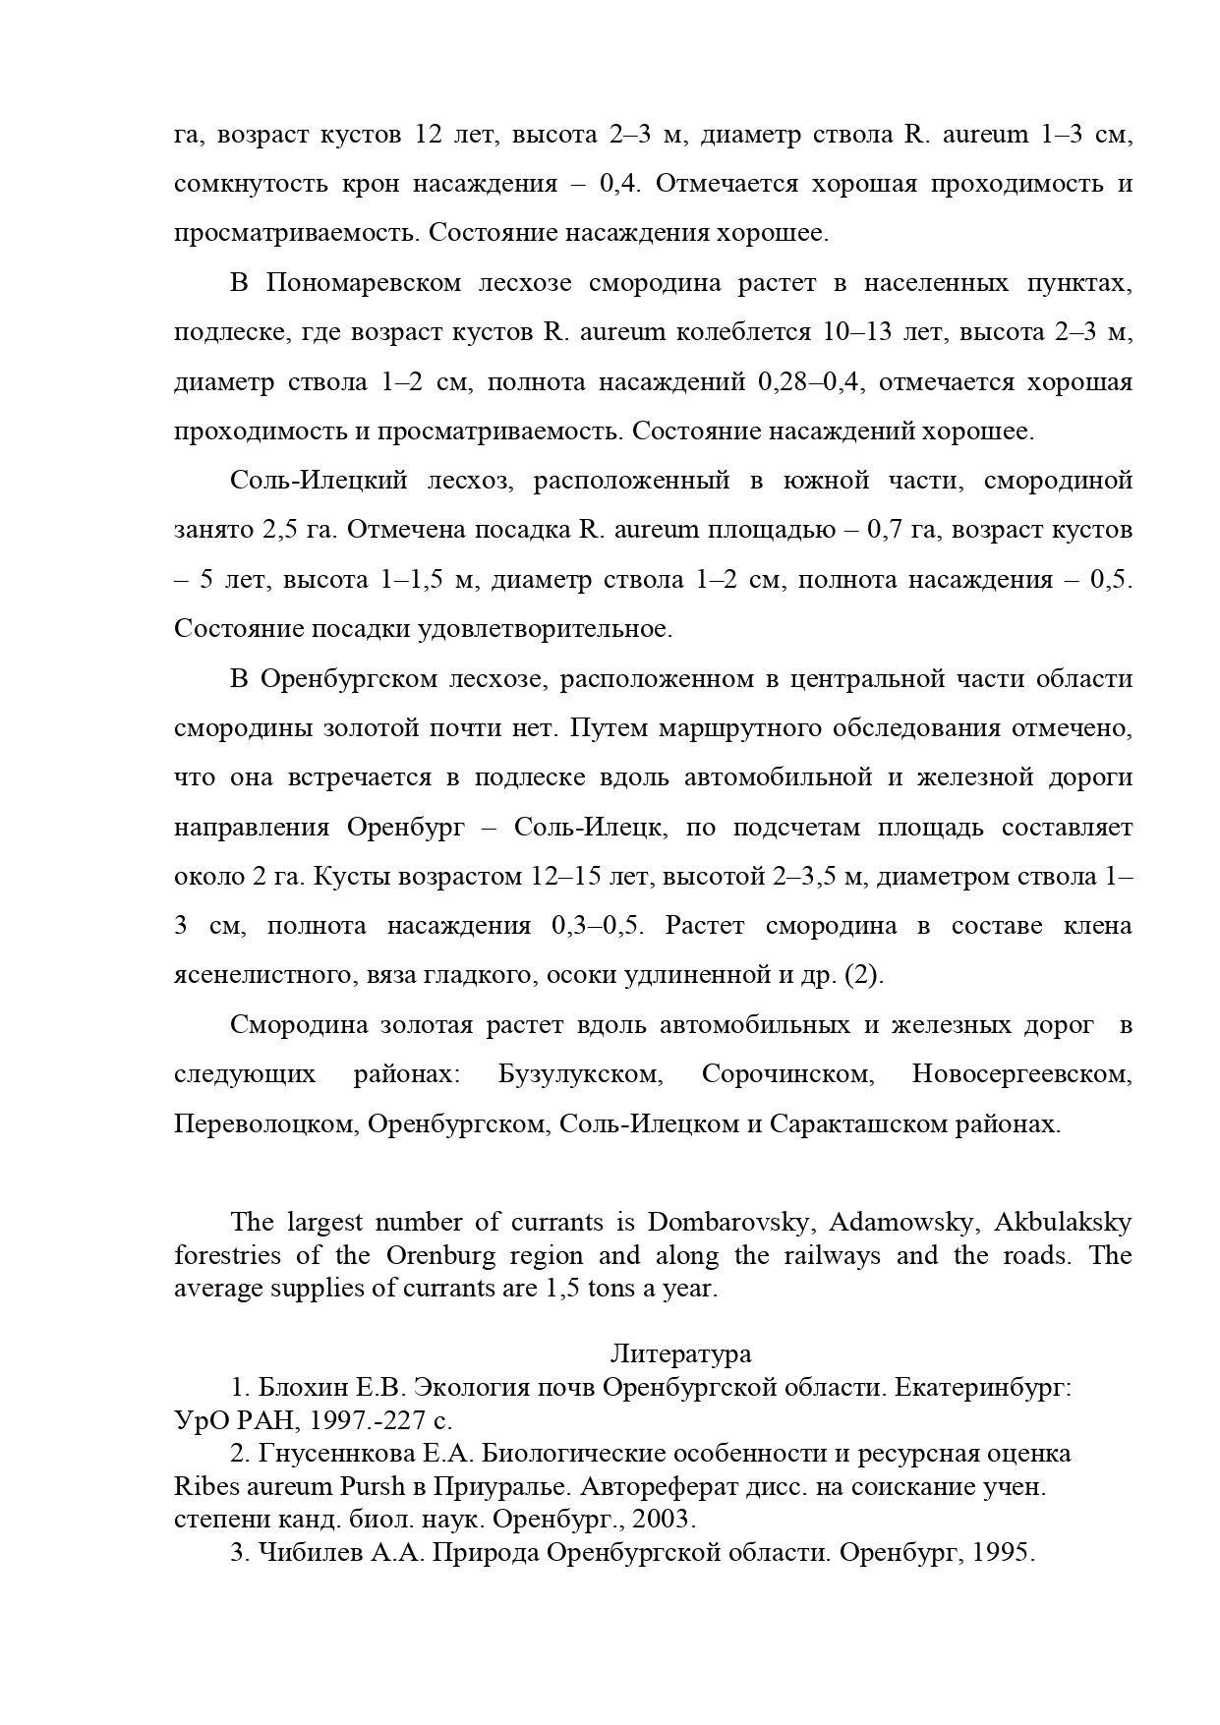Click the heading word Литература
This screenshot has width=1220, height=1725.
tap(680, 1353)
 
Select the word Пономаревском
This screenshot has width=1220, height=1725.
tap(364, 283)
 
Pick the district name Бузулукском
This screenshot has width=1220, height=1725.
tap(580, 1073)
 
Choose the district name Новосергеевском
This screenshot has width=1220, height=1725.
tap(1021, 1073)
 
